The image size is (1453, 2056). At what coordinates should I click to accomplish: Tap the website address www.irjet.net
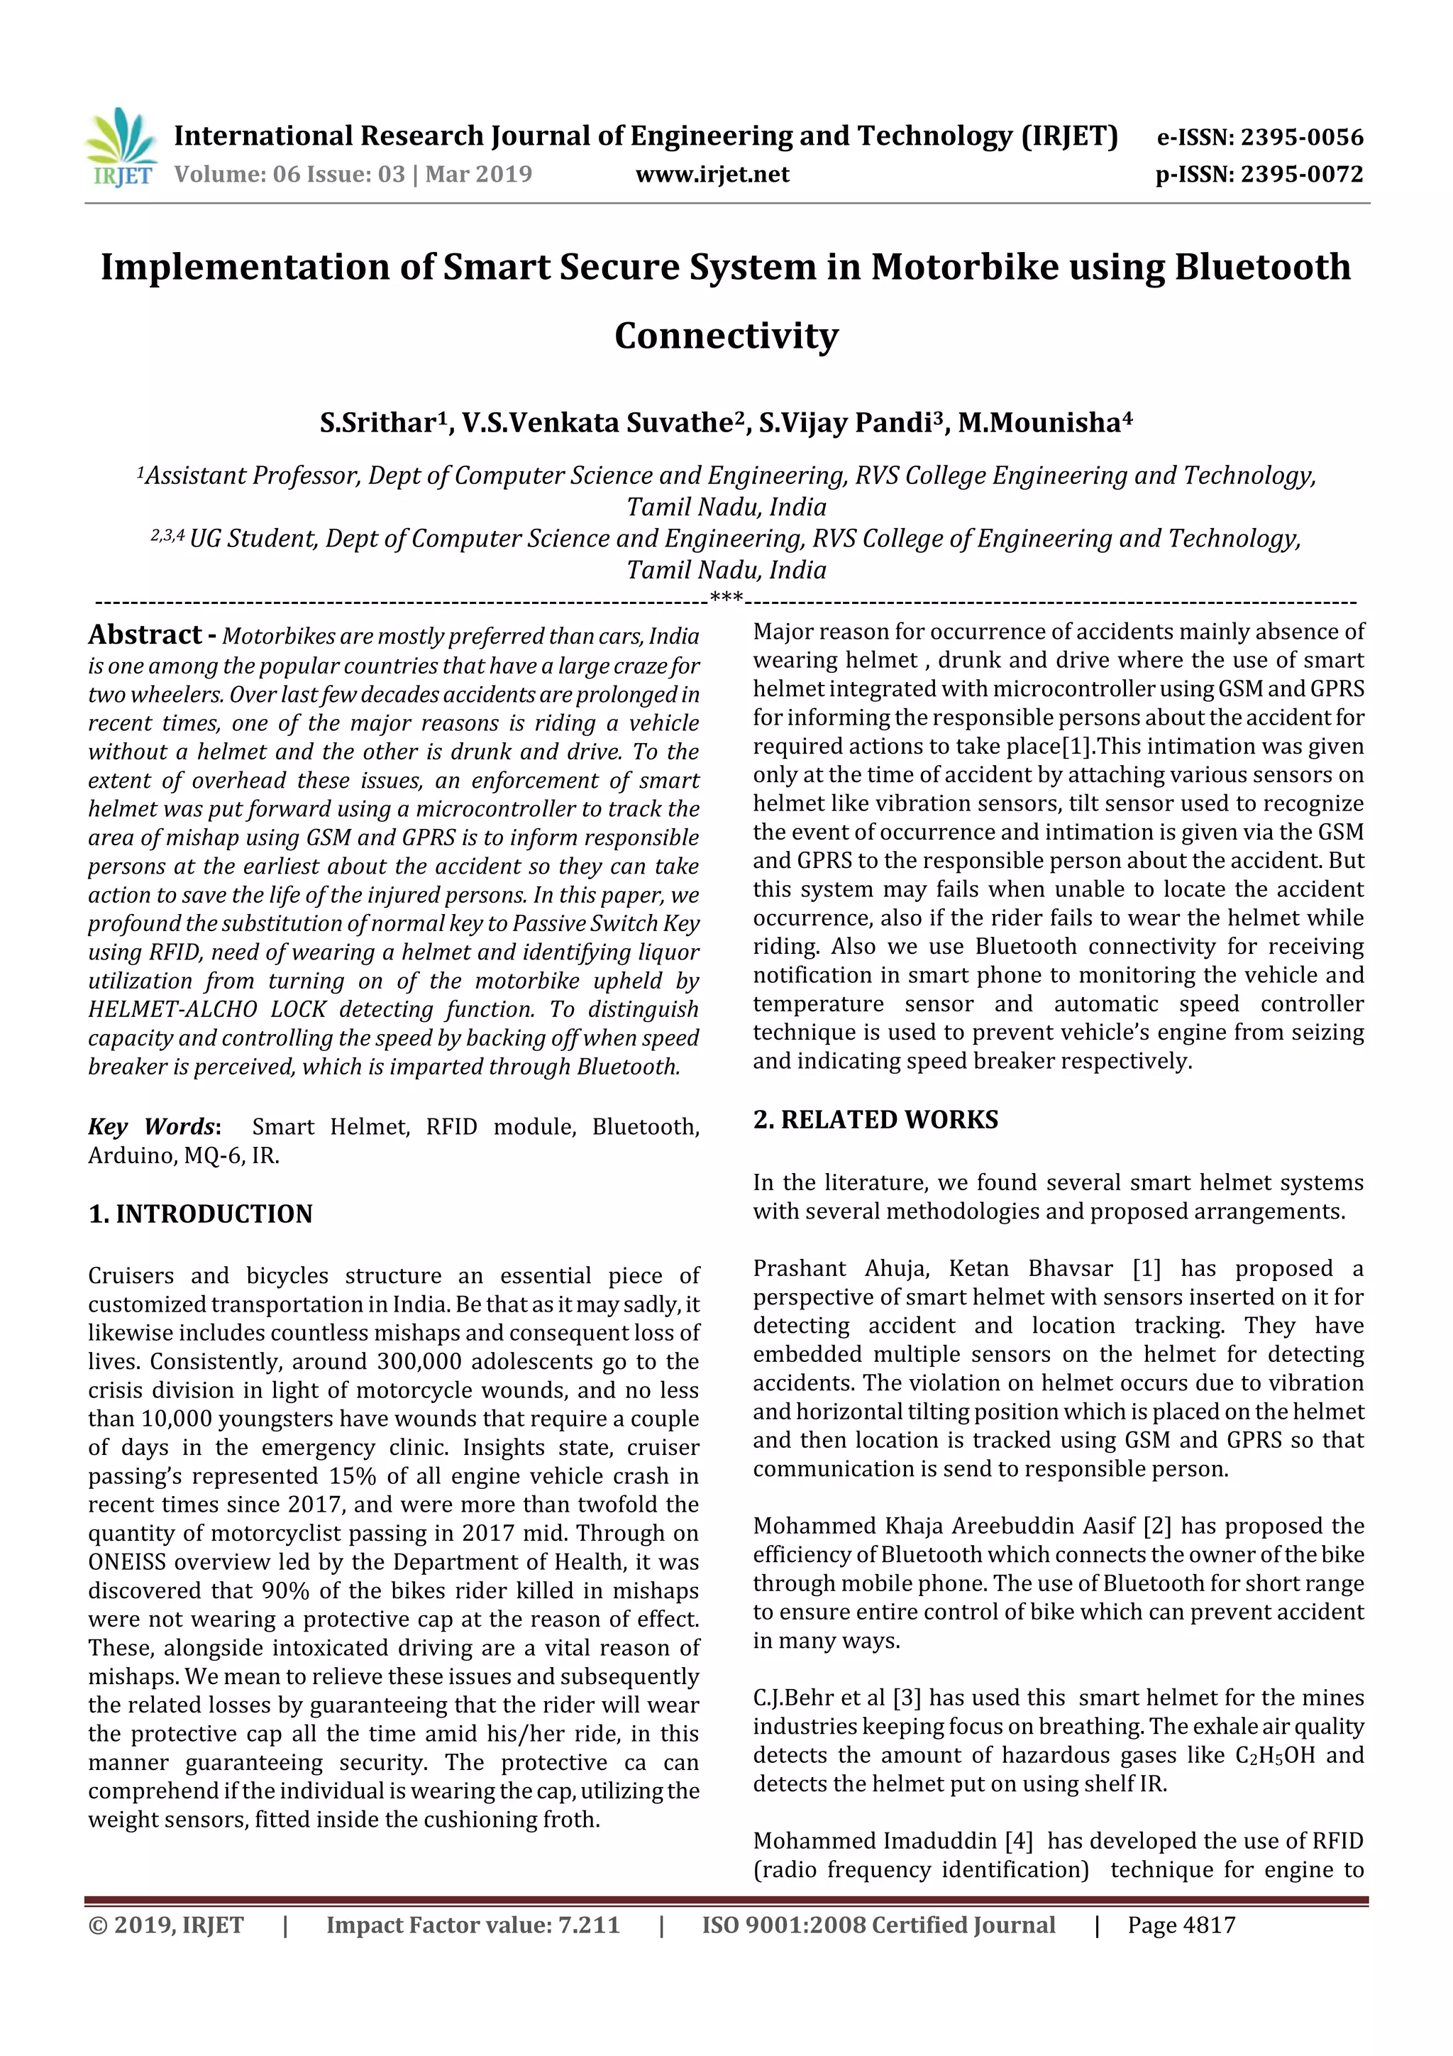(x=712, y=175)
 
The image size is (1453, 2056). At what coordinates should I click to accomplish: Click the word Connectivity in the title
(x=726, y=336)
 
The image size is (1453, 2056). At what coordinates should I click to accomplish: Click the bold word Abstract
(x=145, y=635)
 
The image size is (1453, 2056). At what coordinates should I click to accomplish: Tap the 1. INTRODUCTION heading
(x=201, y=1214)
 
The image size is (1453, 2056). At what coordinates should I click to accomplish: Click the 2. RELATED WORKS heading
(x=875, y=1119)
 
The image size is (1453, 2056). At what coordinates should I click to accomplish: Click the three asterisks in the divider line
(x=725, y=598)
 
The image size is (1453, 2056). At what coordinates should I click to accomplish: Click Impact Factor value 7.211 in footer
(x=472, y=1925)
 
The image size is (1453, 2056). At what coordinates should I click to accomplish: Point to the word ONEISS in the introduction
(x=126, y=1562)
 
